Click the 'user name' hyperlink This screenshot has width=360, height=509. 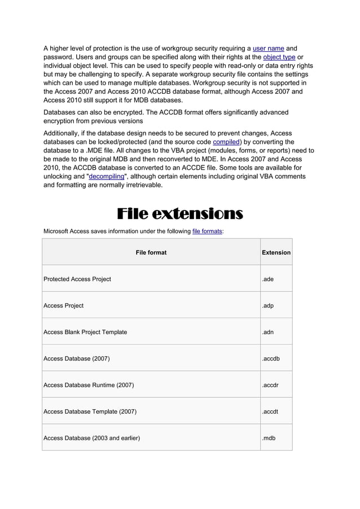[268, 49]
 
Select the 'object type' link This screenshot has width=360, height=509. [279, 57]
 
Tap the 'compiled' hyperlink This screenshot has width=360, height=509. [226, 142]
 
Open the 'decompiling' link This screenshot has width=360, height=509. [107, 177]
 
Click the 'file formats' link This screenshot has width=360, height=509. [207, 231]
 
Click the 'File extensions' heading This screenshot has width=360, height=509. [179, 214]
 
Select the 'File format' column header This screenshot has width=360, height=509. [151, 252]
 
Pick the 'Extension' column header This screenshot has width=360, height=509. [276, 252]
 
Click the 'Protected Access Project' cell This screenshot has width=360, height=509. [77, 279]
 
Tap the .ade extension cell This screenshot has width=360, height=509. [268, 279]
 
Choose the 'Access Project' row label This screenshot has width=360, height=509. [64, 305]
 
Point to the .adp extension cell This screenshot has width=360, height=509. [268, 305]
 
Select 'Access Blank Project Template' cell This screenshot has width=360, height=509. [85, 332]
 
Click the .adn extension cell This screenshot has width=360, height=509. [268, 332]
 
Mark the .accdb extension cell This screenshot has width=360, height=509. [270, 358]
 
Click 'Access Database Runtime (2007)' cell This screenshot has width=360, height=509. [89, 385]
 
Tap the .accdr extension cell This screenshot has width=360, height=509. [270, 385]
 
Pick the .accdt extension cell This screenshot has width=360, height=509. [270, 411]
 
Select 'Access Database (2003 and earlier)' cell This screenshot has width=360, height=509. [92, 438]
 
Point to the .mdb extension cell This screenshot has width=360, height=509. [269, 438]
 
